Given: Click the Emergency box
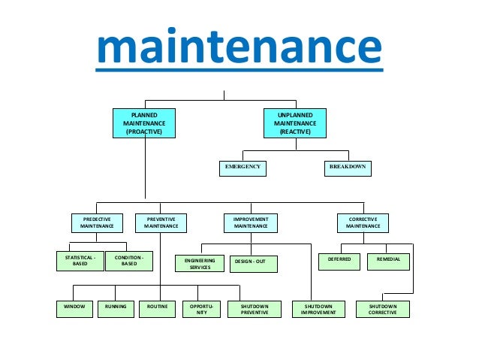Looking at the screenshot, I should pos(243,168).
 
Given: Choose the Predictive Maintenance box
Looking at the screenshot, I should pos(97,222).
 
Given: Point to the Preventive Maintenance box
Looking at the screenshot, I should pos(161,222).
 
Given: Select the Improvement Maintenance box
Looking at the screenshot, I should pos(250,222).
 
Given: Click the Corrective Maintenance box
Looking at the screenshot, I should pos(363,222).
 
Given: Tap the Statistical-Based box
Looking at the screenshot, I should pos(80,261).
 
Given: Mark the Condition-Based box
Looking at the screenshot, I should pos(129,261).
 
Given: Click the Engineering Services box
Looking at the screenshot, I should pos(200,263).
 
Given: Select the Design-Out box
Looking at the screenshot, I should pos(252,263).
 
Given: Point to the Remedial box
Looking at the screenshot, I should pos(389,261).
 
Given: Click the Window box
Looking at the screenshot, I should pos(74,309).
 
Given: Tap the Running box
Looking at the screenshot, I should pos(116,309).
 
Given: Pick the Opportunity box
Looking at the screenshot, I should pos(200,310).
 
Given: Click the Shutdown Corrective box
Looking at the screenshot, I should pos(383,310).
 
